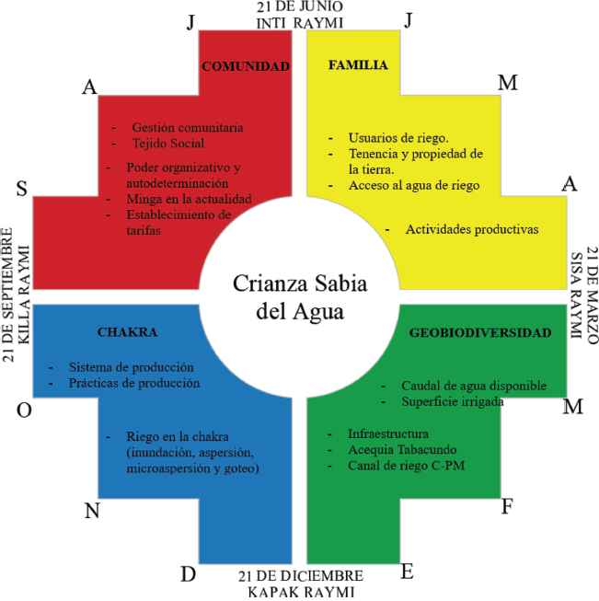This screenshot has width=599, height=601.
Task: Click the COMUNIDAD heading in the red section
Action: pos(246,66)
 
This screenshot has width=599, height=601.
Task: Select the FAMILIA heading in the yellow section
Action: pos(358,65)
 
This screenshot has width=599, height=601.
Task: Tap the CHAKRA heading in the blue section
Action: pos(127,331)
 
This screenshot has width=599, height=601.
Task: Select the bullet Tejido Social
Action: pos(167,144)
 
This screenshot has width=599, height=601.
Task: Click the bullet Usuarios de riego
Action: pos(398,136)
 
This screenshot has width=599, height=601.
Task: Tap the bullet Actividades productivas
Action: pos(472,228)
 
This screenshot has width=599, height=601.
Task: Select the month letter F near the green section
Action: pos(507,506)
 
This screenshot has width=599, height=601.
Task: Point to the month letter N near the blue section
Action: pos(92,511)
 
